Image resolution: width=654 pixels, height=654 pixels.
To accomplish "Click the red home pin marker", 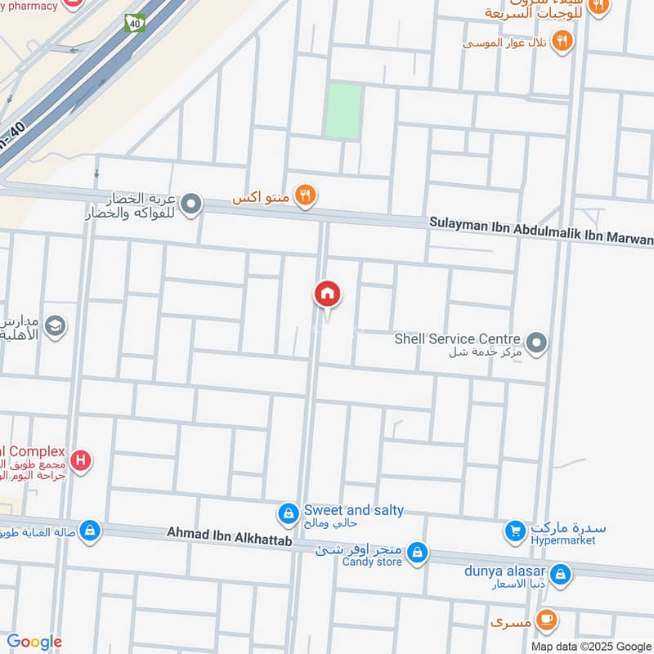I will [327, 294].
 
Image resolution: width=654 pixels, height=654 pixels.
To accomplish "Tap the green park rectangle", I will [343, 110].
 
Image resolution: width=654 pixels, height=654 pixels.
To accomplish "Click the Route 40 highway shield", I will [133, 24].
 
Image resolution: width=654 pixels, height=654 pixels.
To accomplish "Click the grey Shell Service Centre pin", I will [536, 343].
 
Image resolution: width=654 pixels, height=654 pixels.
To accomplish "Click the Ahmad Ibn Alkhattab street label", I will [230, 532].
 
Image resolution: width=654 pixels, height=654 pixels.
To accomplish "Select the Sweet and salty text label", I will [353, 510].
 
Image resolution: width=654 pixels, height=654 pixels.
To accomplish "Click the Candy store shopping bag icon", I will [418, 553].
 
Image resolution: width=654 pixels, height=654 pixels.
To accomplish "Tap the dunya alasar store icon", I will [561, 574].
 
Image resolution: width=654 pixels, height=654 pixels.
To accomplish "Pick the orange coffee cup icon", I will [547, 621].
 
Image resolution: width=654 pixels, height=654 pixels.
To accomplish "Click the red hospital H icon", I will [80, 461].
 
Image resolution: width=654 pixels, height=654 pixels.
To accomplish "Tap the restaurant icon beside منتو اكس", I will [307, 195].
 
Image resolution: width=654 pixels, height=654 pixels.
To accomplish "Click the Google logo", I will [34, 642].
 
